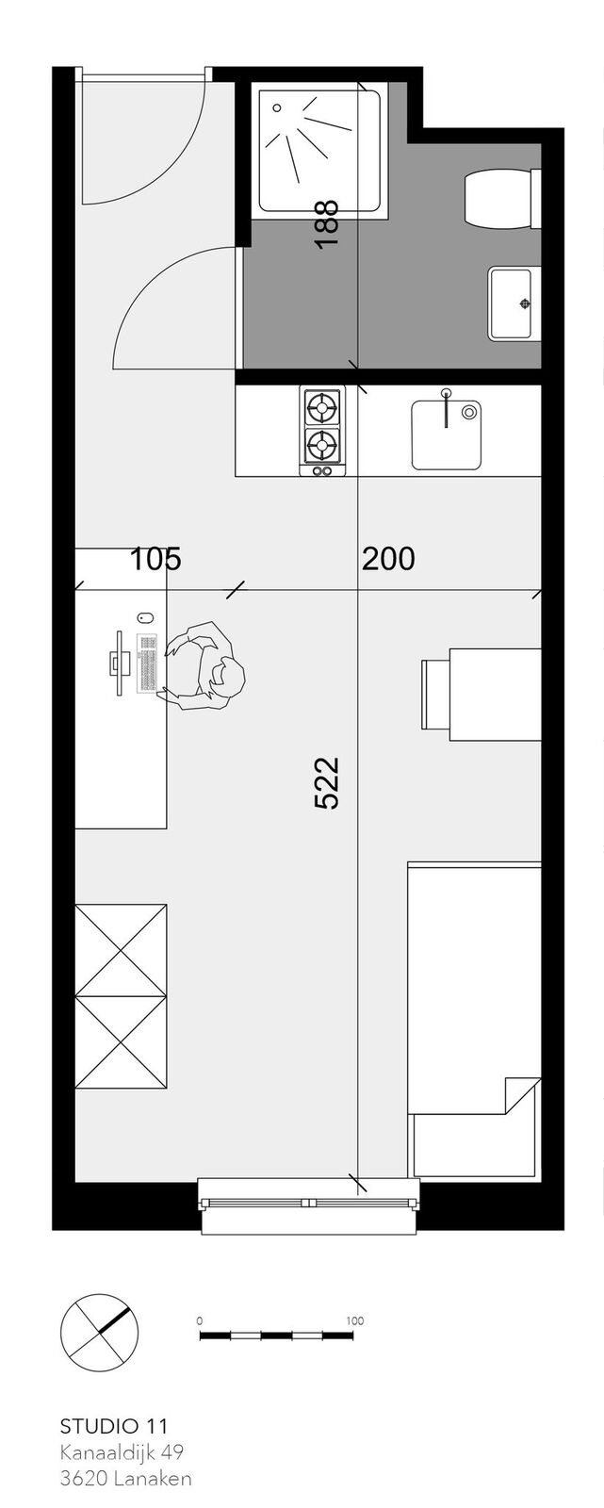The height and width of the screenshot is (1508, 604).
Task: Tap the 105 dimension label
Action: tap(155, 559)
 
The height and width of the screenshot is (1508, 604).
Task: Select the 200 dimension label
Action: tap(388, 559)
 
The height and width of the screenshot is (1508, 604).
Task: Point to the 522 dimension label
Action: tap(327, 782)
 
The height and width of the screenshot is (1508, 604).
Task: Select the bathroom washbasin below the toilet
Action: tap(514, 303)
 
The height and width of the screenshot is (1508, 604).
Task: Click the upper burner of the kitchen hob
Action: tap(322, 407)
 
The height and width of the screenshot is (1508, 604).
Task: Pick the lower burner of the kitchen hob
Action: tap(322, 444)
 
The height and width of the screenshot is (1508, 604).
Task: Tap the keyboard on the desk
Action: tap(146, 663)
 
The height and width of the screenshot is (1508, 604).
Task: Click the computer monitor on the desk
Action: tap(119, 663)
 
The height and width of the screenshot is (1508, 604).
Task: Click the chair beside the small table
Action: tap(435, 694)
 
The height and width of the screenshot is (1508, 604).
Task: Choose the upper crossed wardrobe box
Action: tap(122, 949)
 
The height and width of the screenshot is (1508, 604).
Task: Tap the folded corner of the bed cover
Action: tap(523, 1095)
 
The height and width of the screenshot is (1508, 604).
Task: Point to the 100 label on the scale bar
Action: tap(355, 1320)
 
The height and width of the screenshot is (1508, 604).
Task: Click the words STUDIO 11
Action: tap(114, 1421)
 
